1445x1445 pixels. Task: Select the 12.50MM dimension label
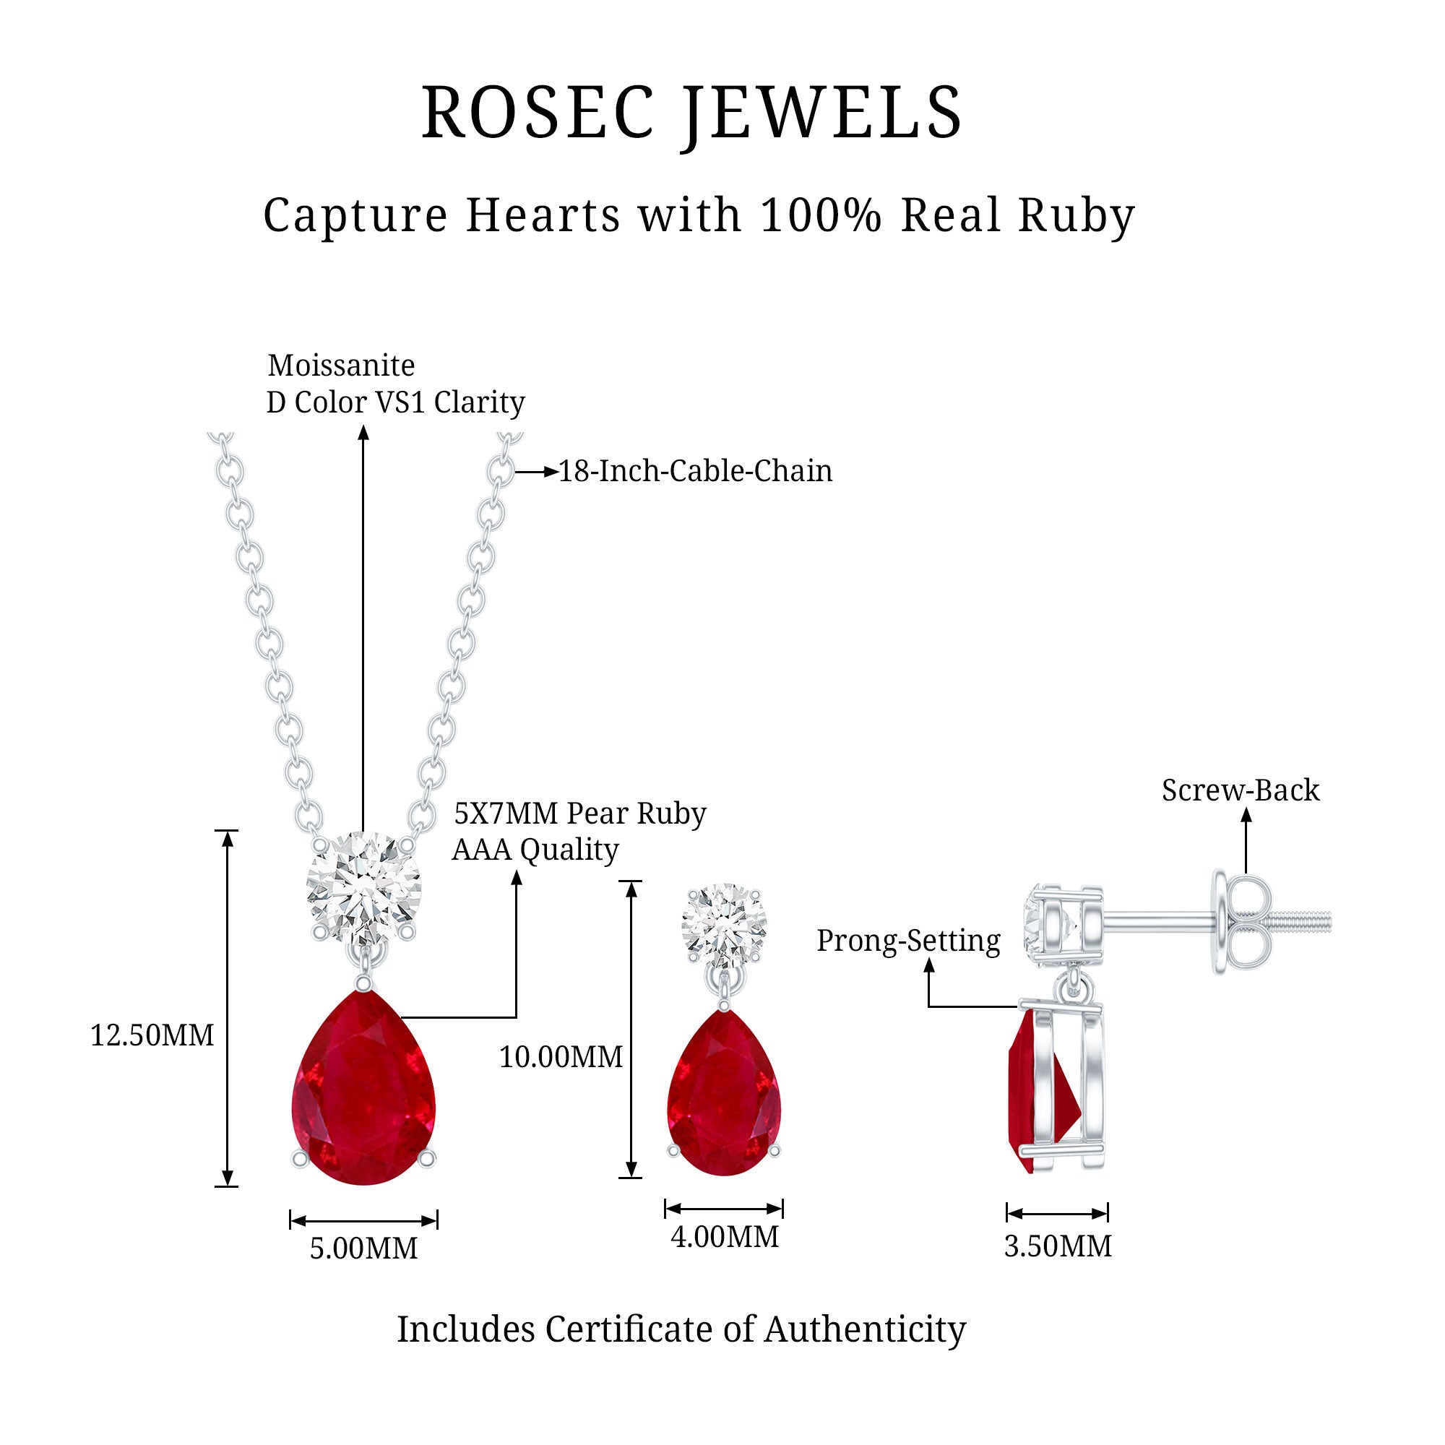click(x=152, y=1036)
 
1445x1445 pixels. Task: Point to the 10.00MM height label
click(x=561, y=1058)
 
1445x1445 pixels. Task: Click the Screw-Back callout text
click(x=1241, y=790)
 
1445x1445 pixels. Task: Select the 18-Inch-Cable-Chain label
click(x=696, y=471)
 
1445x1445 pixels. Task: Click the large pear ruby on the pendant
click(x=363, y=1087)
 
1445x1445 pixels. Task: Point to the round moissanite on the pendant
click(x=363, y=888)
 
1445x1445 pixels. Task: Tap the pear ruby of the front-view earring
click(x=723, y=1092)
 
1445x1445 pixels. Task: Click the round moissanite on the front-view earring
click(x=724, y=927)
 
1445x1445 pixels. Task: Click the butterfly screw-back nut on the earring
click(x=1241, y=923)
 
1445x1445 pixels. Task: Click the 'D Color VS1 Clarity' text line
click(x=396, y=402)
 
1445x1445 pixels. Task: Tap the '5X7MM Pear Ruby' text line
click(x=579, y=814)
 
